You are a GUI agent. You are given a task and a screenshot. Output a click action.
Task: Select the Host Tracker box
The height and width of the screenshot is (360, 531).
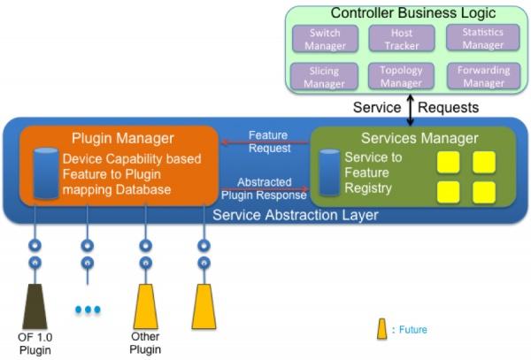(x=402, y=39)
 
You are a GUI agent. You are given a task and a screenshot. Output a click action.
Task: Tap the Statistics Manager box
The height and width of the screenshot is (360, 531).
(x=483, y=39)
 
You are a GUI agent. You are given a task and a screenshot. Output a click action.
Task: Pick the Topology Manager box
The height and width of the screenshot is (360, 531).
(x=402, y=76)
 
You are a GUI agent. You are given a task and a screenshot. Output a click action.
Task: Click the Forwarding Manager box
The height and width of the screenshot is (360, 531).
(x=483, y=76)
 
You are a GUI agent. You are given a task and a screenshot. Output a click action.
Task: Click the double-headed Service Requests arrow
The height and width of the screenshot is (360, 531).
(x=411, y=107)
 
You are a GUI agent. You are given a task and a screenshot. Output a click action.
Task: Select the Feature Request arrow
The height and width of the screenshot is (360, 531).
(x=265, y=140)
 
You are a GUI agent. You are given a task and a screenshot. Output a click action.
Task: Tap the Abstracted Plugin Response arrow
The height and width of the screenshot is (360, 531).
(x=265, y=188)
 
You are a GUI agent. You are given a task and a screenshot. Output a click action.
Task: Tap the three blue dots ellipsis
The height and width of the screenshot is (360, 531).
(x=88, y=310)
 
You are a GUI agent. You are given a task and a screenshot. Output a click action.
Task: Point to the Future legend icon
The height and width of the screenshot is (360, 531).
(x=382, y=330)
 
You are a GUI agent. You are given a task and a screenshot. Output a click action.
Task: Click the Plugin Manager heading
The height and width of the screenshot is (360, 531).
(x=122, y=139)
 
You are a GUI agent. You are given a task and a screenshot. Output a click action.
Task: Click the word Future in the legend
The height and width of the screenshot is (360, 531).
(x=412, y=330)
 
